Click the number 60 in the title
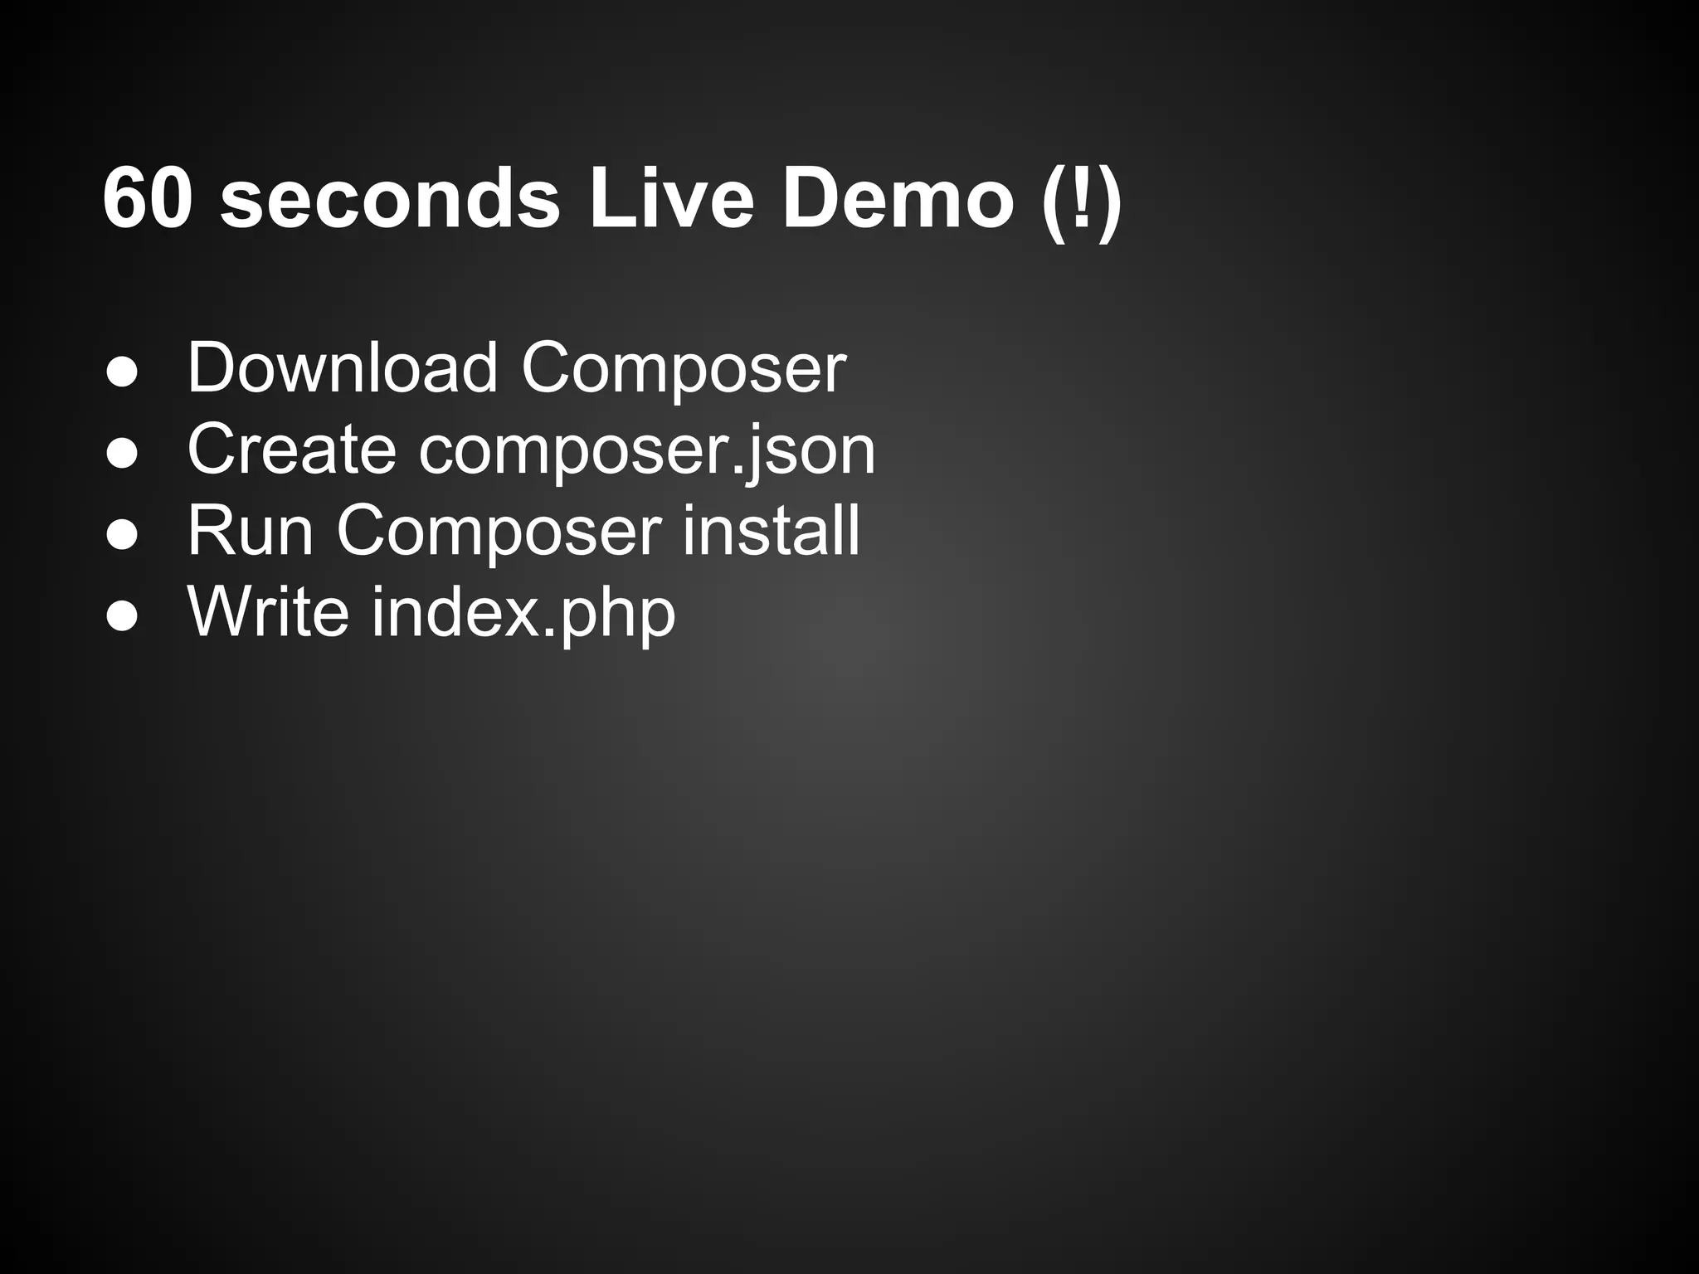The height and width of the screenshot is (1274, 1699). coord(148,199)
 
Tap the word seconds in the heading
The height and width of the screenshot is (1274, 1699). coord(390,199)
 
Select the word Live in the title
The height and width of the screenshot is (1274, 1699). coord(671,199)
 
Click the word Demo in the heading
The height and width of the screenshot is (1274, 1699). coord(898,199)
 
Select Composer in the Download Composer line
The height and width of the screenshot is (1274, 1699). coord(684,369)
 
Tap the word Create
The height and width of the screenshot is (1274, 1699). coord(291,449)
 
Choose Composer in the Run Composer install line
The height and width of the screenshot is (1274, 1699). coord(499,532)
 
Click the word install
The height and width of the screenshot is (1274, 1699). coord(772,530)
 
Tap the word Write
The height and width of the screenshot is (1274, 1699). coord(268,611)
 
